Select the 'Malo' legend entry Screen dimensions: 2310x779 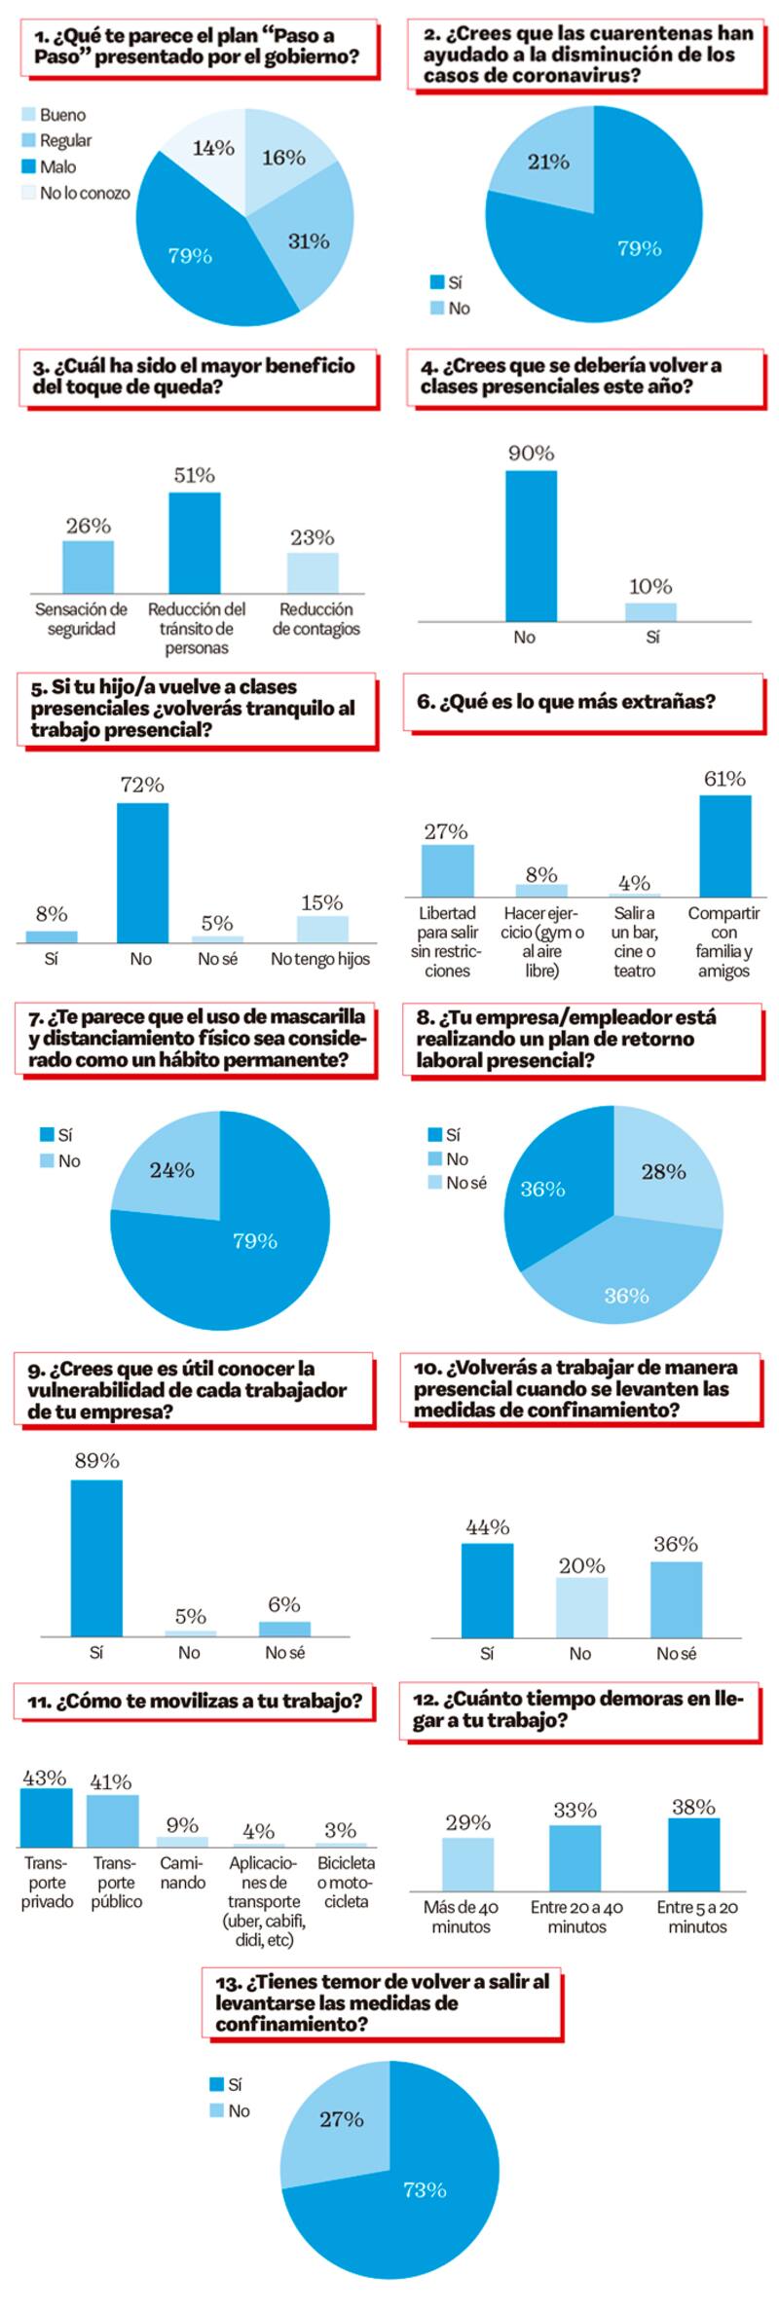(56, 166)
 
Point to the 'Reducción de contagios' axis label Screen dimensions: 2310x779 (315, 619)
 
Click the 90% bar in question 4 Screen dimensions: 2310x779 (531, 545)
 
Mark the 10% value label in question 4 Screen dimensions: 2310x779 (649, 586)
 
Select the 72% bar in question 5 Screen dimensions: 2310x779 (142, 872)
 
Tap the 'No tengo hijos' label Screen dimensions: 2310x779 (320, 959)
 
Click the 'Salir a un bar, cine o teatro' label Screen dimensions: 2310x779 (634, 941)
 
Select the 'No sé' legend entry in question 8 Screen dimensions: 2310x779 (465, 1183)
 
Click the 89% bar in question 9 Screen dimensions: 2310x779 (96, 1558)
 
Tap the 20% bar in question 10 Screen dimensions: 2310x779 (581, 1607)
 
